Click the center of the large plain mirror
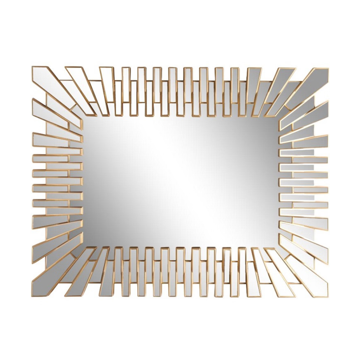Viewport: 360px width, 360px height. point(180,182)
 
